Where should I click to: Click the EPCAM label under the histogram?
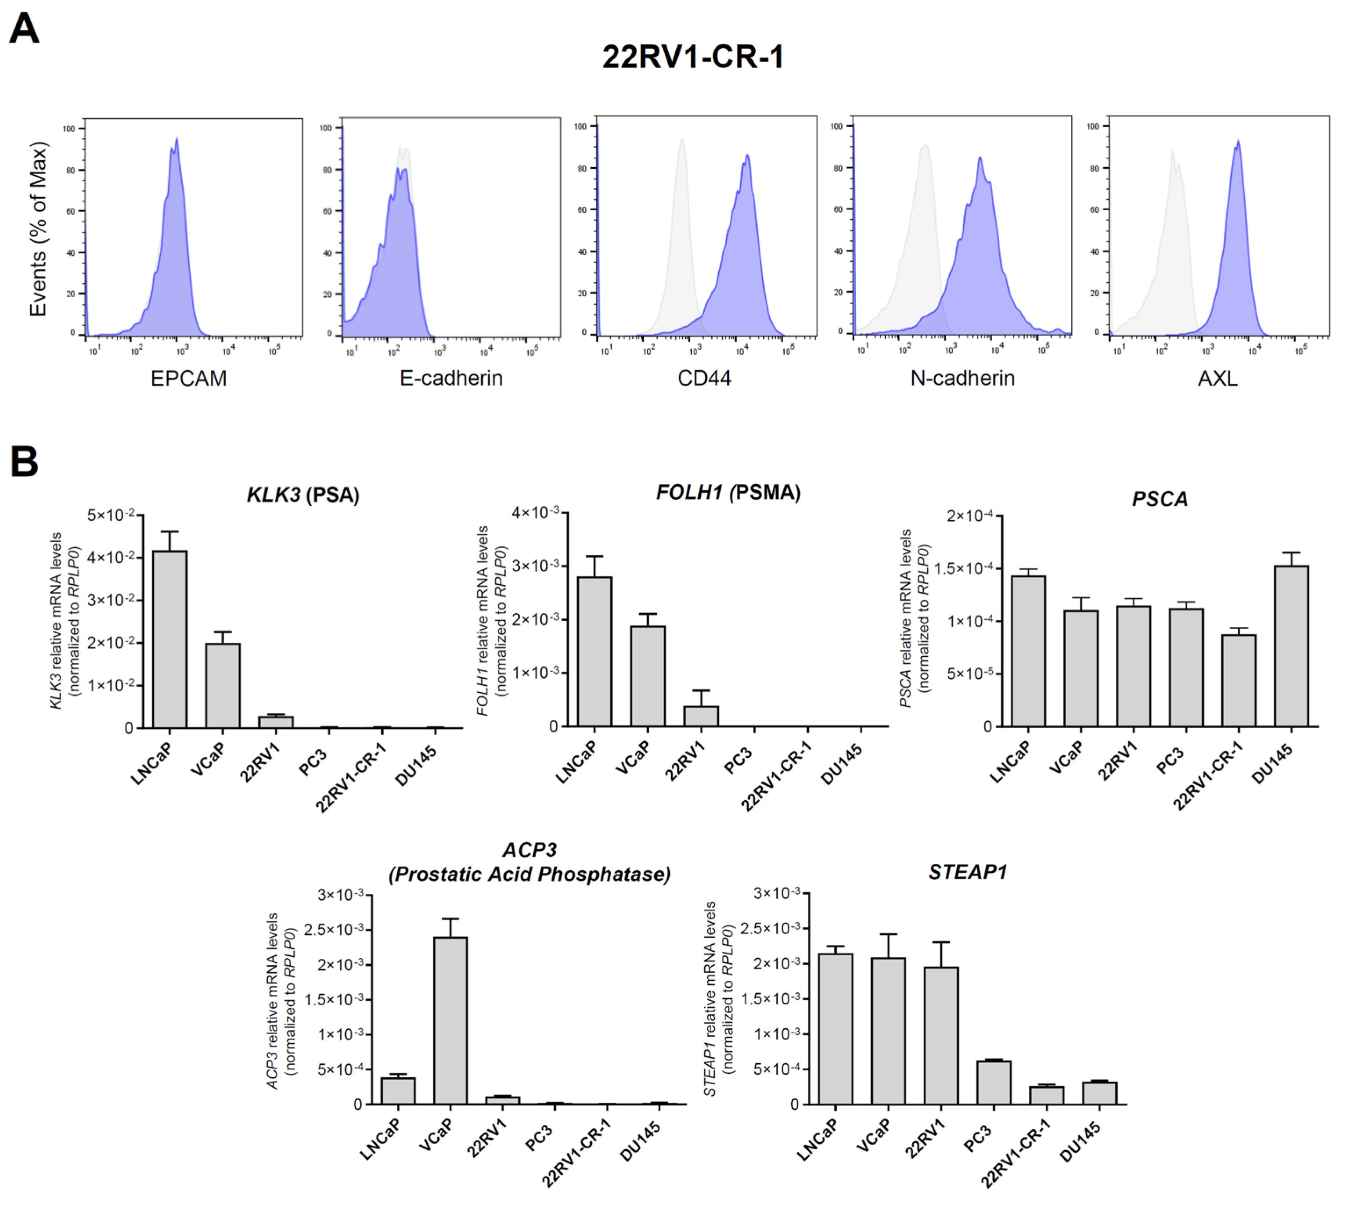[x=189, y=379]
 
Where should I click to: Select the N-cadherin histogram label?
[x=962, y=379]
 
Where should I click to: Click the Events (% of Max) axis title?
[x=39, y=229]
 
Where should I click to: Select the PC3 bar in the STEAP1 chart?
[x=994, y=1082]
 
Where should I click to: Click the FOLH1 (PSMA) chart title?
[x=728, y=493]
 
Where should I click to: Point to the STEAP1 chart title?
[x=967, y=871]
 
